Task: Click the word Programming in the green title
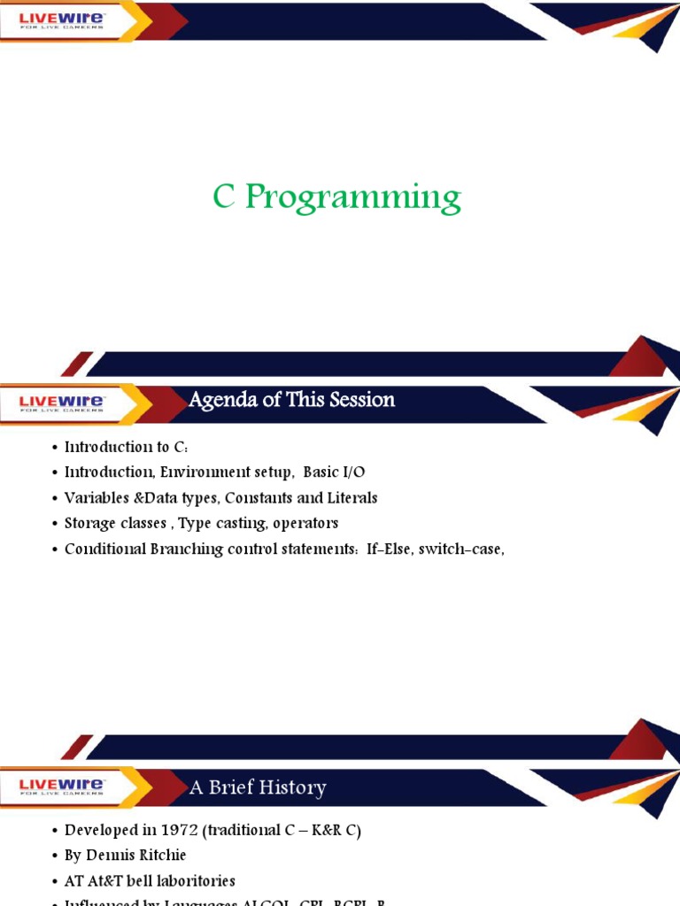click(352, 198)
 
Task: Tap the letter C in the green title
click(224, 196)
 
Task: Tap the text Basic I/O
click(334, 472)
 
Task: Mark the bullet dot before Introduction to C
click(55, 448)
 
